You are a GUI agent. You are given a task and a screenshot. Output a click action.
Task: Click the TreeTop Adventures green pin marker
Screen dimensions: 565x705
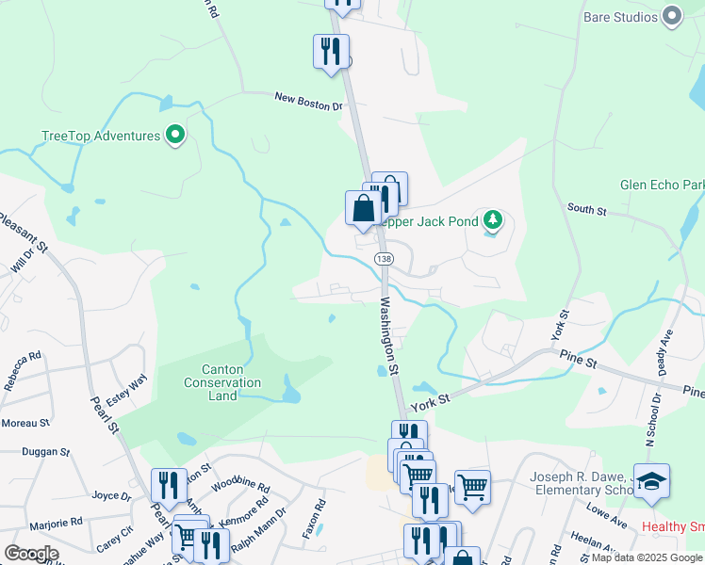click(x=174, y=136)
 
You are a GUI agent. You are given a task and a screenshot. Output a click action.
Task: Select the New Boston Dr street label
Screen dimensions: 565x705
click(x=308, y=101)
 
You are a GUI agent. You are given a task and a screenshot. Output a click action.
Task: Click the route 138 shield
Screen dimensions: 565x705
click(x=383, y=258)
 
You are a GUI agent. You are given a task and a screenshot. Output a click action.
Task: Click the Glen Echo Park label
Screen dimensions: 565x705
click(x=661, y=186)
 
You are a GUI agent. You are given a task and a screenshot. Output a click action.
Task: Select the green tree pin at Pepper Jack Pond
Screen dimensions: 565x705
click(x=491, y=221)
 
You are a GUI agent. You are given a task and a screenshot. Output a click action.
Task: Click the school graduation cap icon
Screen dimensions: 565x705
click(x=652, y=481)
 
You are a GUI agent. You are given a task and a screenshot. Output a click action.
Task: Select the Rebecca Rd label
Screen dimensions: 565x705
click(x=23, y=369)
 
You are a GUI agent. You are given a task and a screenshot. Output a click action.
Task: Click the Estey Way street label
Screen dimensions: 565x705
click(x=126, y=390)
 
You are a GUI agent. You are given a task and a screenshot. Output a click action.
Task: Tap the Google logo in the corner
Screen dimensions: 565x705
click(x=32, y=554)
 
